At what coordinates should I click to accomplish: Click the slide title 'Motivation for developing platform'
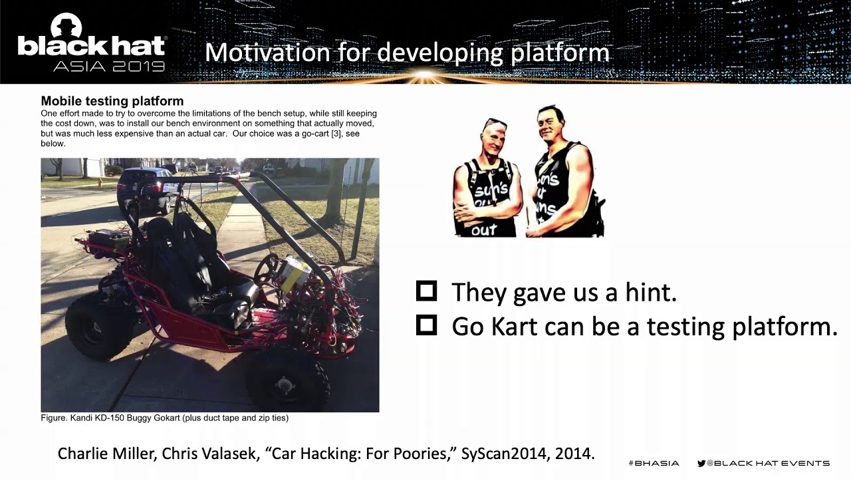(x=407, y=53)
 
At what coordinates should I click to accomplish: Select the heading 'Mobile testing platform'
(x=112, y=101)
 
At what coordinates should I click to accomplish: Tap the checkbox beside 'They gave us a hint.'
(x=426, y=291)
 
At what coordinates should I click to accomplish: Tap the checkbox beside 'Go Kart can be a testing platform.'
(x=426, y=325)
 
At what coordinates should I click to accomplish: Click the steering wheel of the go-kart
(x=267, y=269)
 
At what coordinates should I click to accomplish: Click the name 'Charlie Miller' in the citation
(x=106, y=454)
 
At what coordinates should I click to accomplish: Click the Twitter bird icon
(x=701, y=463)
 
